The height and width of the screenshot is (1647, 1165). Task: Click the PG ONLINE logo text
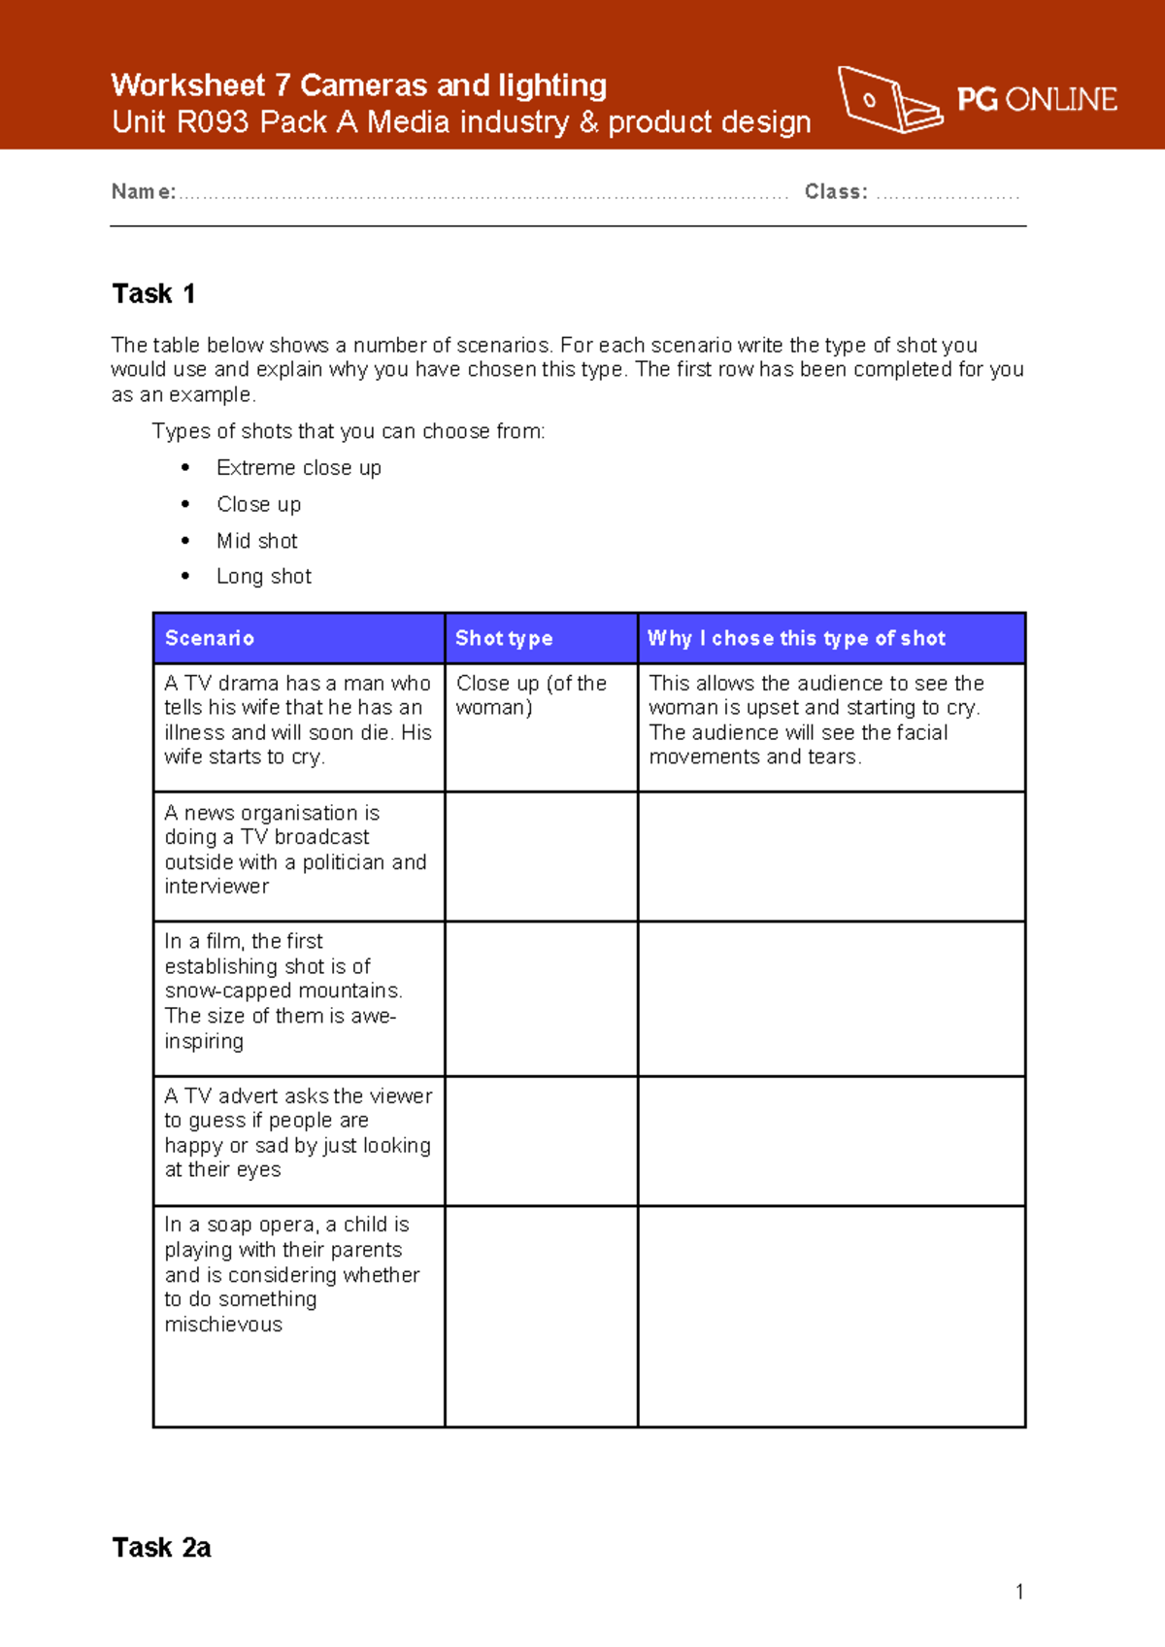pos(1036,99)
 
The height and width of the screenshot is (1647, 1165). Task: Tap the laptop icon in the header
pos(887,99)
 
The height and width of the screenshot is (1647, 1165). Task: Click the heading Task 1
pos(153,293)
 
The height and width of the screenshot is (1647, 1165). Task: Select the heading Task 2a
pos(161,1547)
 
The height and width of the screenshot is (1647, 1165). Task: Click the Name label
pos(143,191)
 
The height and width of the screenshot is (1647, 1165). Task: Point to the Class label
pos(835,191)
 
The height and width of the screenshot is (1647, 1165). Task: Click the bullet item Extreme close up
pos(298,468)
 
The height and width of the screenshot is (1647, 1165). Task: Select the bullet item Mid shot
pos(256,541)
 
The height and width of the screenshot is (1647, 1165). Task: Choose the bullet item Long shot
pos(263,577)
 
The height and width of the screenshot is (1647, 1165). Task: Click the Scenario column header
pos(210,638)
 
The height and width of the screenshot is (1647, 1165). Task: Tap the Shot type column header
pos(504,638)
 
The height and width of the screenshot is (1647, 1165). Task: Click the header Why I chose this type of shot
pos(796,638)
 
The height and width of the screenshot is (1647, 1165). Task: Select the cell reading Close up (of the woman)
pos(531,695)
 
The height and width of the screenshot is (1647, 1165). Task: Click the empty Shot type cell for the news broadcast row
pos(541,856)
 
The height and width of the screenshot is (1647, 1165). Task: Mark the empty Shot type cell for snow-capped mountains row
pos(541,998)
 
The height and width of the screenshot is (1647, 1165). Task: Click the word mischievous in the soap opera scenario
pos(223,1325)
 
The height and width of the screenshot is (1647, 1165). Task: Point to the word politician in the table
pos(344,862)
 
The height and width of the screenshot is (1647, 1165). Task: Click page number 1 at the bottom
pos(1019,1592)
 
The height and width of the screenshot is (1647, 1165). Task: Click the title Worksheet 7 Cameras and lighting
pos(358,85)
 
